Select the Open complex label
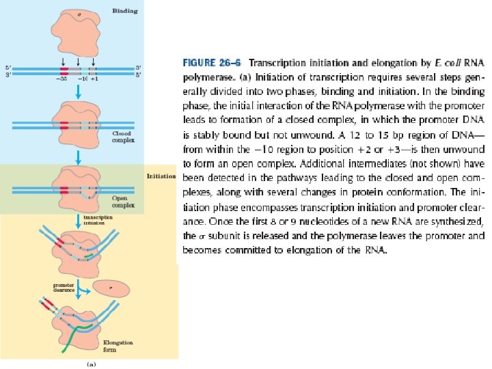click(x=120, y=201)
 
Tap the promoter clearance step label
click(x=64, y=287)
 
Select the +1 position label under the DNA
click(x=95, y=78)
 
